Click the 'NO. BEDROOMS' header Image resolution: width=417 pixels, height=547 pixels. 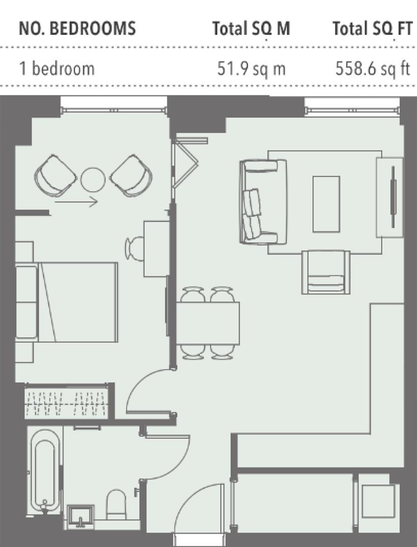pyautogui.click(x=77, y=28)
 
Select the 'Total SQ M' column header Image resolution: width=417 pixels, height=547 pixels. pyautogui.click(x=251, y=28)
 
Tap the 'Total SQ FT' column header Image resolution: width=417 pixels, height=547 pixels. pyautogui.click(x=372, y=28)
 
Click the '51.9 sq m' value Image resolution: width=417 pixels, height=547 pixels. pyautogui.click(x=251, y=68)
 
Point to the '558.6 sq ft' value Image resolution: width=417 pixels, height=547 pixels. pyautogui.click(x=372, y=68)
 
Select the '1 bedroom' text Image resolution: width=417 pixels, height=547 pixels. pyautogui.click(x=57, y=68)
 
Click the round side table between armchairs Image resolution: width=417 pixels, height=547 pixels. pyautogui.click(x=93, y=180)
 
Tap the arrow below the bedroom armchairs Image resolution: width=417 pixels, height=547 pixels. pyautogui.click(x=76, y=201)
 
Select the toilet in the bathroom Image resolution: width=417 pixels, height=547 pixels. pyautogui.click(x=116, y=504)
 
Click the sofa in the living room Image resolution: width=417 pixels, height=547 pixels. pyautogui.click(x=263, y=202)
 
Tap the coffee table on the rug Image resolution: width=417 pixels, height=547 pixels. pyautogui.click(x=326, y=204)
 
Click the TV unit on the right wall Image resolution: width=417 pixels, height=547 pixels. pyautogui.click(x=390, y=198)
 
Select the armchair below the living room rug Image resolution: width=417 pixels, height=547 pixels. pyautogui.click(x=326, y=272)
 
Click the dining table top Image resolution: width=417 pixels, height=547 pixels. pyautogui.click(x=207, y=323)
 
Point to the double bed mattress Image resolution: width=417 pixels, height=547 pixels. pyautogui.click(x=78, y=302)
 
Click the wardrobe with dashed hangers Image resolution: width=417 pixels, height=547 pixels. pyautogui.click(x=66, y=401)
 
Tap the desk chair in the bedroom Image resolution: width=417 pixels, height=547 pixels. pyautogui.click(x=135, y=249)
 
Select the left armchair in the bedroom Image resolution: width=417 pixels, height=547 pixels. pyautogui.click(x=56, y=175)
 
